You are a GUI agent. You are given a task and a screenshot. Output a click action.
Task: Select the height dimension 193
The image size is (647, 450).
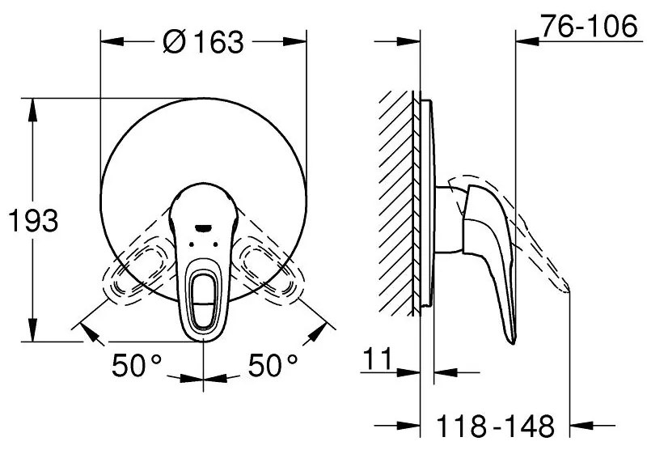click(33, 220)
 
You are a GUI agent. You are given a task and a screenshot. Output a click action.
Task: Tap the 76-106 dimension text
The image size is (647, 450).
click(587, 26)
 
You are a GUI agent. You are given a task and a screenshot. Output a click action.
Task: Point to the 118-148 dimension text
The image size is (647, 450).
click(494, 424)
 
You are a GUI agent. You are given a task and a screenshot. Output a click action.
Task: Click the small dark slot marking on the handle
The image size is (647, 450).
click(202, 227)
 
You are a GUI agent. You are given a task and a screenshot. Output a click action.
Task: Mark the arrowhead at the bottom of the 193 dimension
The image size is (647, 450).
click(33, 333)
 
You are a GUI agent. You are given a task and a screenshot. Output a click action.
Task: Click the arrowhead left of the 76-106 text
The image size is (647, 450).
click(526, 40)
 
